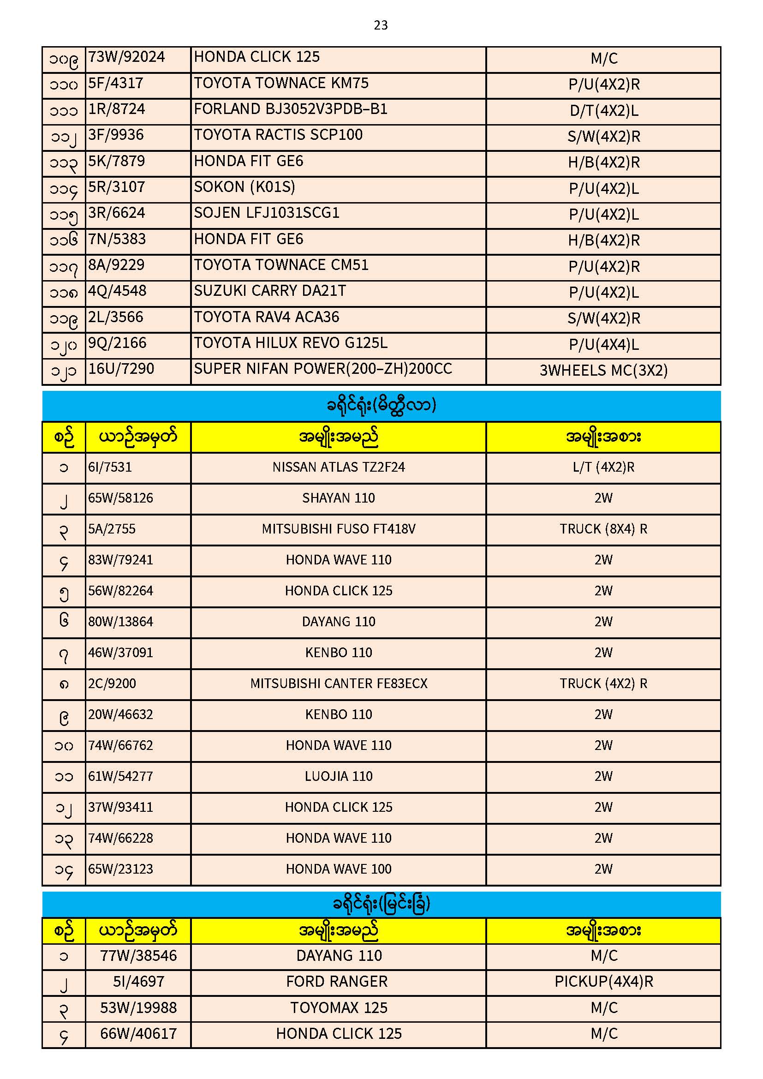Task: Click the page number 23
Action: [x=381, y=25]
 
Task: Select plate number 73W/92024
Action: [x=127, y=57]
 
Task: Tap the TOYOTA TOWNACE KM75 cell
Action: [x=281, y=83]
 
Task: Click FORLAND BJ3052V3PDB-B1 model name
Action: [x=290, y=109]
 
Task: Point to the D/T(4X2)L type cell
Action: [x=604, y=111]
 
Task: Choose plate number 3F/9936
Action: [x=116, y=135]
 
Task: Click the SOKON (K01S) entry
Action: [x=244, y=187]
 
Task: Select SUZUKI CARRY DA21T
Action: [x=270, y=291]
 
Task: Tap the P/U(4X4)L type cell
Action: [x=604, y=345]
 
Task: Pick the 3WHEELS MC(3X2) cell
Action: [x=604, y=371]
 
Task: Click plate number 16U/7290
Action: [x=121, y=369]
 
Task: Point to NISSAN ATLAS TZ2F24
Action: [x=338, y=467]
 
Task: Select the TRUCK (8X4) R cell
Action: [x=604, y=529]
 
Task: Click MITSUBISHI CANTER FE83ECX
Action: [x=338, y=684]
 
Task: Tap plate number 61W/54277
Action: [x=121, y=776]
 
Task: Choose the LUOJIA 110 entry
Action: [x=338, y=776]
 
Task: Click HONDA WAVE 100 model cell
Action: [x=338, y=869]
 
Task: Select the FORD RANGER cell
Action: [x=337, y=982]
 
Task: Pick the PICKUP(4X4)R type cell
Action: [x=604, y=982]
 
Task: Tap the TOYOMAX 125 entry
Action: [x=338, y=1008]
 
